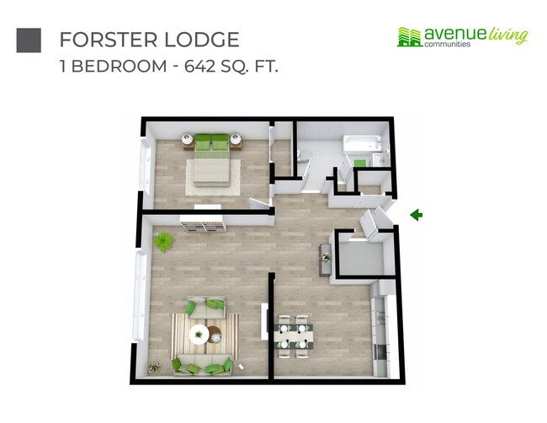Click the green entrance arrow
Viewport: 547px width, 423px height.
click(416, 216)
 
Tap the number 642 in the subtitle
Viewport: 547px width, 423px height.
click(192, 67)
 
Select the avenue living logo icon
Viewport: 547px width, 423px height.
click(409, 36)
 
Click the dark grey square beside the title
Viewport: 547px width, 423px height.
click(29, 40)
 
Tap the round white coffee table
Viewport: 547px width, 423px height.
click(199, 334)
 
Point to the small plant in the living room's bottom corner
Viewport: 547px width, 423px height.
click(154, 367)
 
